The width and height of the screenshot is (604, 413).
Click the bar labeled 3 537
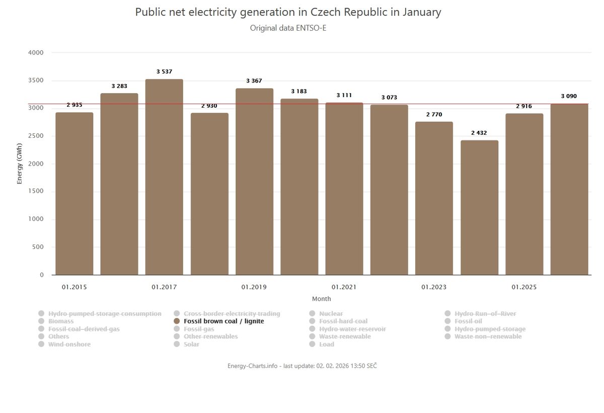click(x=164, y=177)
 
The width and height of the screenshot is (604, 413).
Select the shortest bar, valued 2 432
click(x=479, y=207)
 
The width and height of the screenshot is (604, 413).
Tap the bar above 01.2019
click(x=254, y=182)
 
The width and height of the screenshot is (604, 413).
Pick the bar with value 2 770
click(x=434, y=198)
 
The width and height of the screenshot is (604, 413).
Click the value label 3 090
click(x=569, y=96)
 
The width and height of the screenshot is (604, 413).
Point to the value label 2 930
click(x=209, y=106)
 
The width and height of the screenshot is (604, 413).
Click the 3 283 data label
click(x=119, y=86)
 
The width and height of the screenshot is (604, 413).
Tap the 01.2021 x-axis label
click(x=344, y=287)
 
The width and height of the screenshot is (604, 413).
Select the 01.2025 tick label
click(x=524, y=287)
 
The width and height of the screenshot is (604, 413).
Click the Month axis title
click(x=322, y=299)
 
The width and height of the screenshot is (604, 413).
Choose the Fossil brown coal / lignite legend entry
click(x=223, y=321)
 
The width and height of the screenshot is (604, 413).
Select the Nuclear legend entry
click(x=331, y=313)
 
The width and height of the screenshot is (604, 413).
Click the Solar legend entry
click(x=191, y=344)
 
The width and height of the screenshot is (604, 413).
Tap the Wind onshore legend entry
click(x=69, y=344)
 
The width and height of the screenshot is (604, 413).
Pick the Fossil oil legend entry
click(x=468, y=321)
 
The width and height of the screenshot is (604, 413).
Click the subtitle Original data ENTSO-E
click(x=288, y=28)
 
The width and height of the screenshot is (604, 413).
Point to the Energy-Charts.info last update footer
click(x=302, y=366)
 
